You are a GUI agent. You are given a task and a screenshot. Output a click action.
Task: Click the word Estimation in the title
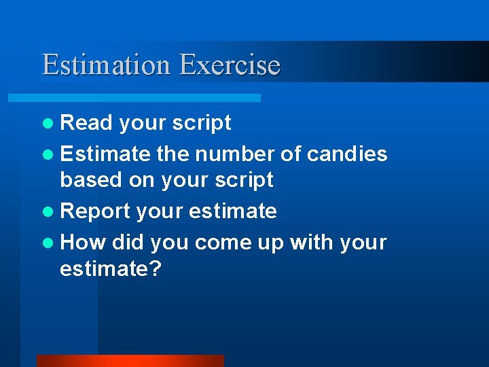106,65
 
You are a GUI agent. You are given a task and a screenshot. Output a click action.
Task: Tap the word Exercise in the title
230,65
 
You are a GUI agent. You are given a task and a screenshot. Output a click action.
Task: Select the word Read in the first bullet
86,122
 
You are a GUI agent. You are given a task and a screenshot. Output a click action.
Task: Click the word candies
347,154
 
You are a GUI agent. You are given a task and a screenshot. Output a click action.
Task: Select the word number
229,154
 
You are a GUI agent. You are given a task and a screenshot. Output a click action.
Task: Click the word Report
95,211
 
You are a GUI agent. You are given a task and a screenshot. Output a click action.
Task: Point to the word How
83,242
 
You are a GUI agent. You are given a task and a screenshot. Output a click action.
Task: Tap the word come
220,243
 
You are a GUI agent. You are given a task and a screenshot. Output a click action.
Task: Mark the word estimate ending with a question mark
110,269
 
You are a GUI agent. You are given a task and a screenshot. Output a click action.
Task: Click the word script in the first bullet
202,122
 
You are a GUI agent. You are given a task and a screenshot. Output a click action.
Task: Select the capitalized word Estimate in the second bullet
105,154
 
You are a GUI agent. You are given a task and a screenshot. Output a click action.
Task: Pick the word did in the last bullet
128,242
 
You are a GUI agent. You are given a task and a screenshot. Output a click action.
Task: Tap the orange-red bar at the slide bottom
130,361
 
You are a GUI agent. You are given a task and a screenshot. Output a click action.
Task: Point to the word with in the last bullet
314,242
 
